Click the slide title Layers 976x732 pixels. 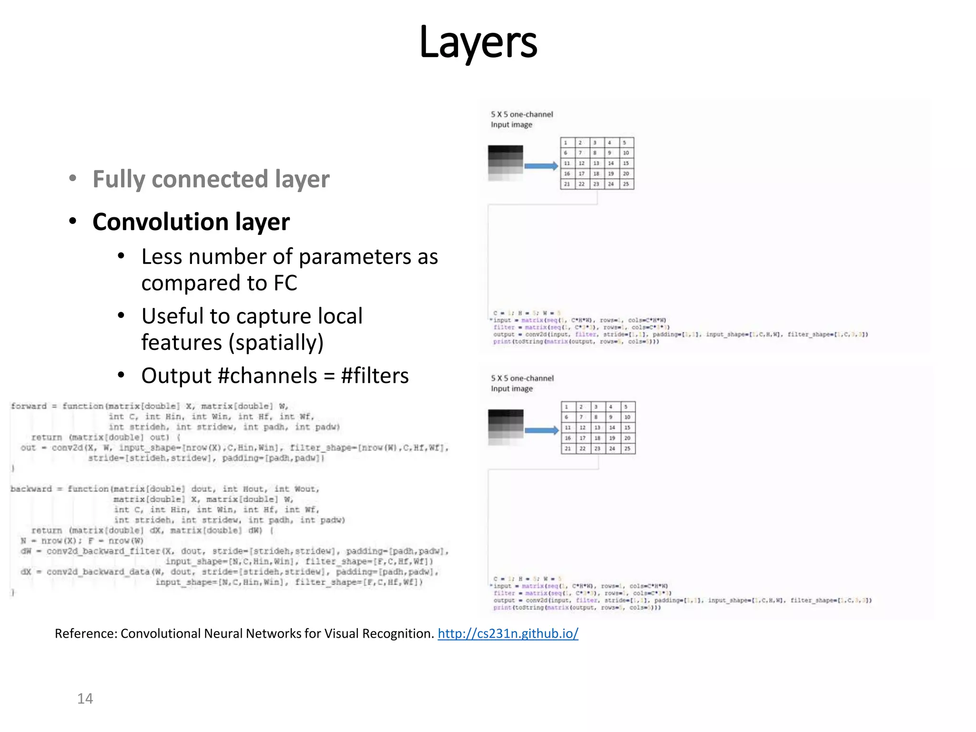[478, 42]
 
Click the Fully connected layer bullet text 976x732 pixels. [211, 179]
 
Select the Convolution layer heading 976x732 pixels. [191, 222]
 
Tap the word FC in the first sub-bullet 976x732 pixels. [285, 283]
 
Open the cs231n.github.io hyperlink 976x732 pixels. [508, 633]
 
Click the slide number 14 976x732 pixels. [85, 699]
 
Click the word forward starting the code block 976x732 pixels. [29, 406]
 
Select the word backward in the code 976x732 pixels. [31, 489]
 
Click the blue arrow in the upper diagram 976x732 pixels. [541, 166]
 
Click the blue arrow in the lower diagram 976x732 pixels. [541, 430]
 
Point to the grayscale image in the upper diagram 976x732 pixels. [505, 163]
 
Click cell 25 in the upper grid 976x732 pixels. [626, 184]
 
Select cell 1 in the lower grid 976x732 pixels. [567, 407]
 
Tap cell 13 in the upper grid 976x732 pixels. [596, 163]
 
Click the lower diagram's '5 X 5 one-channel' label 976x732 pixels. [522, 378]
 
